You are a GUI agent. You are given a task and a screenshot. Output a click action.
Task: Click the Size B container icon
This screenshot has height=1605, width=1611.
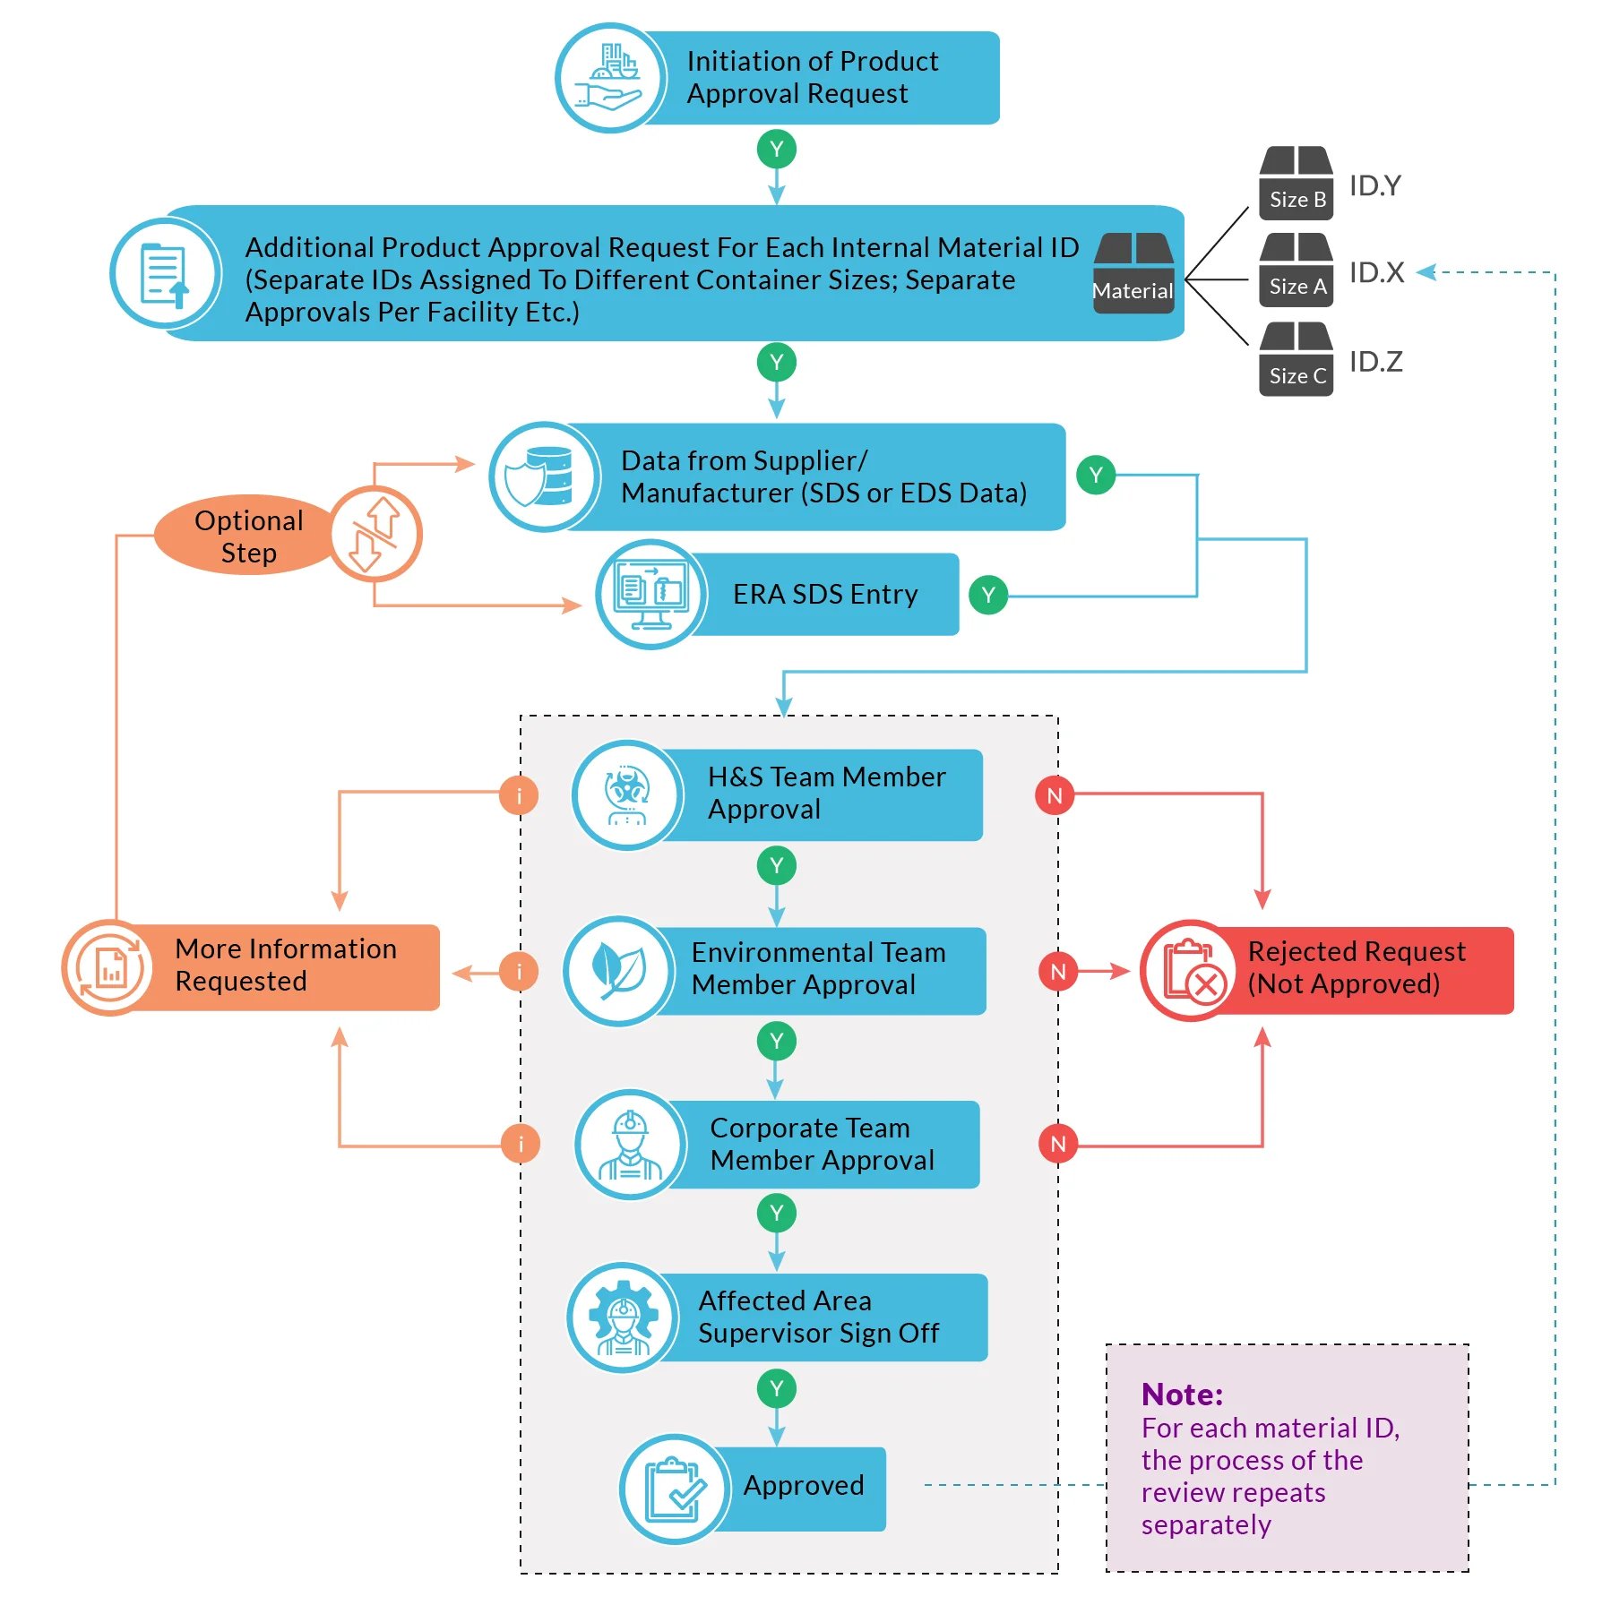point(1296,184)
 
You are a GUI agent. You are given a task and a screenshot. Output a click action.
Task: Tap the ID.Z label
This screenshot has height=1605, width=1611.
point(1375,362)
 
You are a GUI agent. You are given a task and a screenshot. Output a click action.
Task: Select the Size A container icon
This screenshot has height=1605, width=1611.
point(1296,270)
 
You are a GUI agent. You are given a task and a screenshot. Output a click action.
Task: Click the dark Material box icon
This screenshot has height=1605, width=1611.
point(1133,273)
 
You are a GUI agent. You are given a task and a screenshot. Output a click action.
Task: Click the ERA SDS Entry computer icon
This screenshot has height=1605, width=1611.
point(651,595)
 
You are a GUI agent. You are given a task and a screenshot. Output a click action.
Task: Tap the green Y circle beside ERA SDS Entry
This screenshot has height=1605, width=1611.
point(988,595)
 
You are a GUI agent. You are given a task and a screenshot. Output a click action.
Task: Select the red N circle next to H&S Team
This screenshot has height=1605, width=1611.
point(1055,795)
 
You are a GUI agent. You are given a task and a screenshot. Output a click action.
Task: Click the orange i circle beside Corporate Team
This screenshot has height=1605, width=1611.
point(521,1144)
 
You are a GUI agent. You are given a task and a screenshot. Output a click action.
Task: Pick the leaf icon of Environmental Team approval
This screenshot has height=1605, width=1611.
point(619,971)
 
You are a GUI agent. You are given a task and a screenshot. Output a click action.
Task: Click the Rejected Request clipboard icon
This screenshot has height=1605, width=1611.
point(1191,971)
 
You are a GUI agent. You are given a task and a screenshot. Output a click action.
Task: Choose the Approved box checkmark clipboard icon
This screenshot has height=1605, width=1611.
point(675,1489)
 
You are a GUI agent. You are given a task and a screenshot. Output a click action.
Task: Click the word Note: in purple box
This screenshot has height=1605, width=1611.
point(1182,1395)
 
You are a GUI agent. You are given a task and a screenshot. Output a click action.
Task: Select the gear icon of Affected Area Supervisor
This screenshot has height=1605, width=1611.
point(623,1317)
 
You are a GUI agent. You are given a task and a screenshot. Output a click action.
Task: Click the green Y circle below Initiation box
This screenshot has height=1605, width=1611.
point(777,150)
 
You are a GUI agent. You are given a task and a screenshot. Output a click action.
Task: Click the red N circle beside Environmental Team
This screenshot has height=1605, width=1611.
point(1058,972)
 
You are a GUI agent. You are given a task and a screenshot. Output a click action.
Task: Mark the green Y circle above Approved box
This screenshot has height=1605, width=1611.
point(777,1389)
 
